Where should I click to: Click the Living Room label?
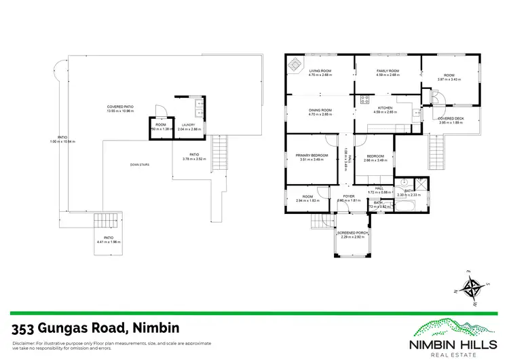[319, 71]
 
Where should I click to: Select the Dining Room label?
[320, 110]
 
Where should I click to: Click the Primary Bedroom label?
[312, 156]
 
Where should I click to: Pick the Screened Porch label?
[352, 233]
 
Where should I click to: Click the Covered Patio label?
[119, 107]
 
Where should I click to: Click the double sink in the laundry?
[195, 106]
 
